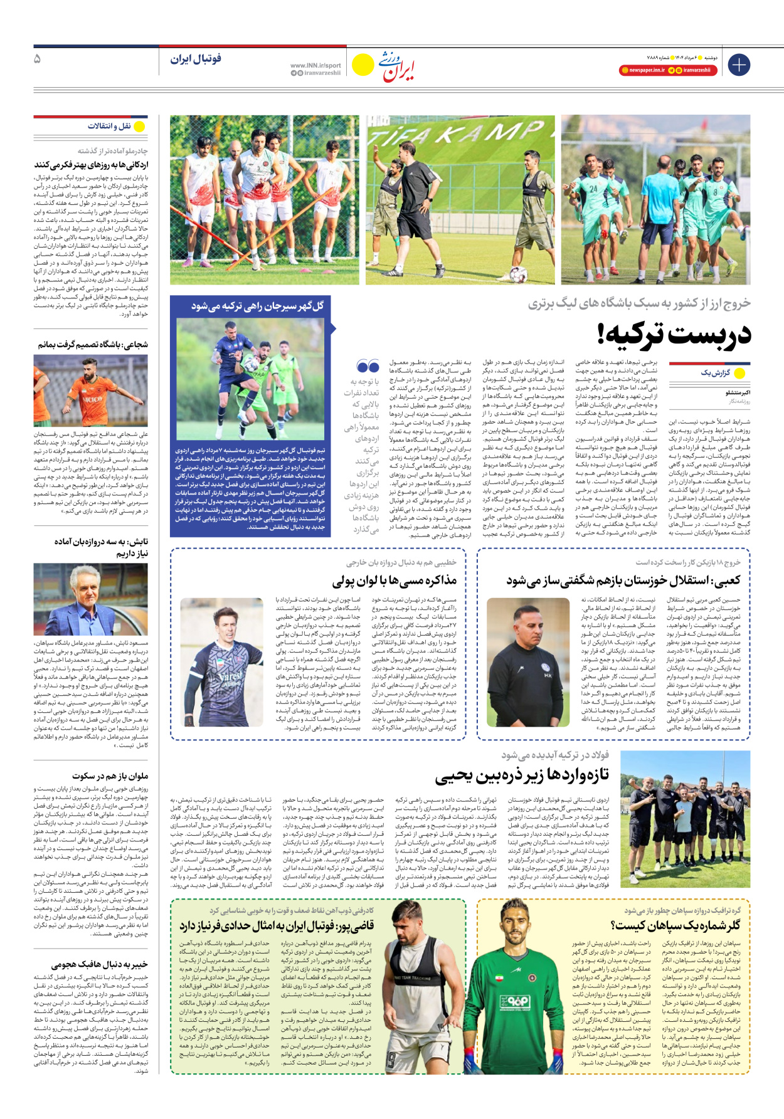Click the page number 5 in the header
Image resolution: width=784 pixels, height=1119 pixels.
pyautogui.click(x=37, y=59)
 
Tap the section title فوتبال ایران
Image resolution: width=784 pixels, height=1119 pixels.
pyautogui.click(x=196, y=59)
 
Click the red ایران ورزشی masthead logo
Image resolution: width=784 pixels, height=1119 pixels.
pyautogui.click(x=396, y=66)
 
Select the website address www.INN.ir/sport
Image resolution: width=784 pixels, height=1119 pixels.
pyautogui.click(x=315, y=65)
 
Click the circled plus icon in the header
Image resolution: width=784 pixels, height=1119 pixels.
pyautogui.click(x=739, y=65)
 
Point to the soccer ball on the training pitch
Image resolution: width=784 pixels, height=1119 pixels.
pyautogui.click(x=518, y=273)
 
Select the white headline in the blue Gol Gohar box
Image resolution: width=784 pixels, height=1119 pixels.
pyautogui.click(x=257, y=306)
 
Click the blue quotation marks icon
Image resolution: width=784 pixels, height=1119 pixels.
pyautogui.click(x=368, y=366)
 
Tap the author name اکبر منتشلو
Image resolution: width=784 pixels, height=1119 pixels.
pyautogui.click(x=738, y=392)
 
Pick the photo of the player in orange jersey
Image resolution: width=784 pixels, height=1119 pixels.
pyautogui.click(x=90, y=390)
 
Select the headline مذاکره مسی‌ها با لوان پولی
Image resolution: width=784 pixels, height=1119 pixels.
pyautogui.click(x=394, y=581)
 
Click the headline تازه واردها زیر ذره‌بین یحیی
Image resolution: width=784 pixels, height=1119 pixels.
pyautogui.click(x=522, y=775)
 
